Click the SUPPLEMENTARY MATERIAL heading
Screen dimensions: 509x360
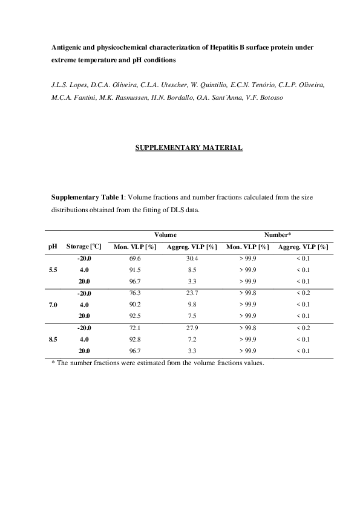click(189, 148)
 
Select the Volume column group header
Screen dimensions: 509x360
click(165, 234)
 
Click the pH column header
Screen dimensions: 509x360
click(53, 247)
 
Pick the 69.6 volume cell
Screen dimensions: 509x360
click(134, 258)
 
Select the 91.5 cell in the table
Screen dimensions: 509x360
click(134, 270)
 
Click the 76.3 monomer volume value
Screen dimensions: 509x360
click(134, 293)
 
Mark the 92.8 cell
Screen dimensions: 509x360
click(134, 339)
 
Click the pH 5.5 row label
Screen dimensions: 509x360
click(53, 270)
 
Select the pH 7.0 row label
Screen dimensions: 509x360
click(53, 305)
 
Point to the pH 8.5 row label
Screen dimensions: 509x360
click(53, 339)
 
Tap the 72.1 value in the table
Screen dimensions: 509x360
click(134, 328)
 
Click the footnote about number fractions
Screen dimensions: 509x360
click(158, 363)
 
